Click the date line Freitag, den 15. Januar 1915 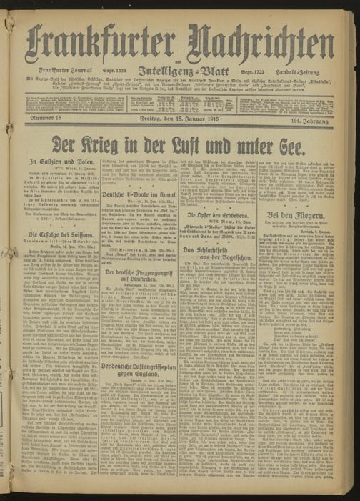pos(179,127)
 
